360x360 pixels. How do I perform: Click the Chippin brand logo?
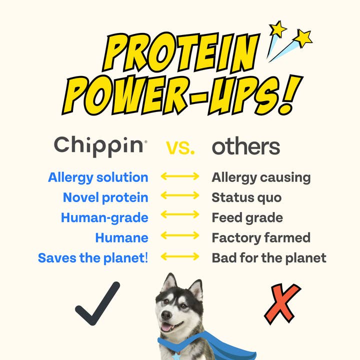(x=100, y=146)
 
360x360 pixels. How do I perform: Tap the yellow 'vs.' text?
(x=180, y=147)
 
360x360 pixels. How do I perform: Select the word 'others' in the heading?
(x=246, y=146)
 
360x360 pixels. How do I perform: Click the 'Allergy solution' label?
(x=98, y=177)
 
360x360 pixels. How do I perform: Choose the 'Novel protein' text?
(x=105, y=197)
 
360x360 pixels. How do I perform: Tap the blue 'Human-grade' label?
(x=104, y=218)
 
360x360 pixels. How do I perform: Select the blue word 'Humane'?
(x=121, y=238)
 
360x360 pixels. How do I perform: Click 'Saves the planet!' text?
(x=93, y=258)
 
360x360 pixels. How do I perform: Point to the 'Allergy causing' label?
(x=261, y=177)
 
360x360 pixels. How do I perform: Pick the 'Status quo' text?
(x=246, y=197)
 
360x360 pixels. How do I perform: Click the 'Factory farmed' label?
(x=261, y=238)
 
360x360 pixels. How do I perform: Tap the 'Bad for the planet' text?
(x=269, y=258)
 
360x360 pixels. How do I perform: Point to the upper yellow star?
(x=277, y=28)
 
